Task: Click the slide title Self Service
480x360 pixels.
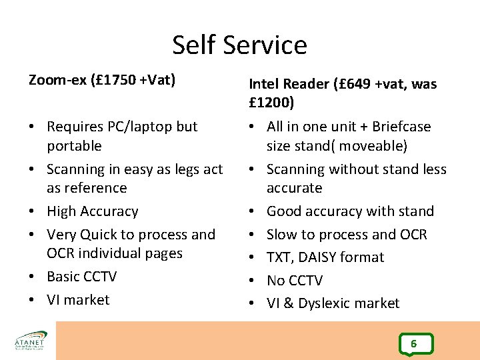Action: click(239, 45)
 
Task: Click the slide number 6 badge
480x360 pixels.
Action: click(414, 344)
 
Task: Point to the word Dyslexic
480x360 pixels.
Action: click(330, 303)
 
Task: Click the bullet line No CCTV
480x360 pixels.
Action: click(294, 281)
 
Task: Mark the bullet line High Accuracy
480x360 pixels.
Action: click(92, 211)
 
